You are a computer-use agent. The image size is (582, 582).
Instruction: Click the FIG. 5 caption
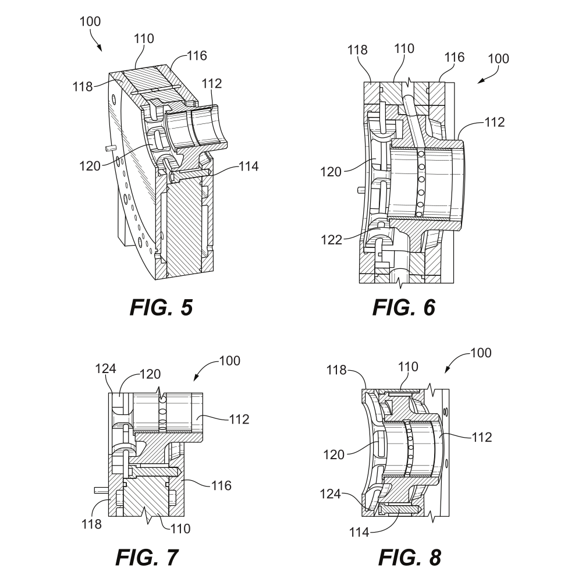click(x=161, y=308)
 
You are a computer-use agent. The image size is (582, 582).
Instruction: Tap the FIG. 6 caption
click(x=403, y=308)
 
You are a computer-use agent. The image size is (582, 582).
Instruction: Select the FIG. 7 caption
click(x=147, y=558)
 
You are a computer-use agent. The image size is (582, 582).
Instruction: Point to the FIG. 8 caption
click(x=409, y=558)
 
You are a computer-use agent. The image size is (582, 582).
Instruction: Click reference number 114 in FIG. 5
click(x=249, y=166)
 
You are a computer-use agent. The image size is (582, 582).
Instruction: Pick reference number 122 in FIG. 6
click(x=332, y=240)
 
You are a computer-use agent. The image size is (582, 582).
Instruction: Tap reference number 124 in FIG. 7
click(x=106, y=368)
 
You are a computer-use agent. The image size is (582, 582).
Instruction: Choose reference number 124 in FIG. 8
click(x=331, y=494)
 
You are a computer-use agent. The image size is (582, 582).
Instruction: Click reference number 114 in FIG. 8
click(x=359, y=533)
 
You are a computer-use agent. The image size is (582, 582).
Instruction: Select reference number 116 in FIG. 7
click(x=221, y=485)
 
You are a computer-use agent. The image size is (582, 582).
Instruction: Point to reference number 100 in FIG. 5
click(x=90, y=22)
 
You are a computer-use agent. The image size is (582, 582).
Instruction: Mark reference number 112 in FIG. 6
click(x=495, y=122)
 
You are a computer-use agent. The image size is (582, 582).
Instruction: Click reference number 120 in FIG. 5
click(x=90, y=166)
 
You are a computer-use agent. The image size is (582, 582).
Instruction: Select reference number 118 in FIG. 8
click(x=336, y=370)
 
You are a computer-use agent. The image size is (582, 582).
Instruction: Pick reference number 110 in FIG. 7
click(x=180, y=528)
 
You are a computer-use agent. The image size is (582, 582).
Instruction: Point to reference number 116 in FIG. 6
click(x=455, y=57)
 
